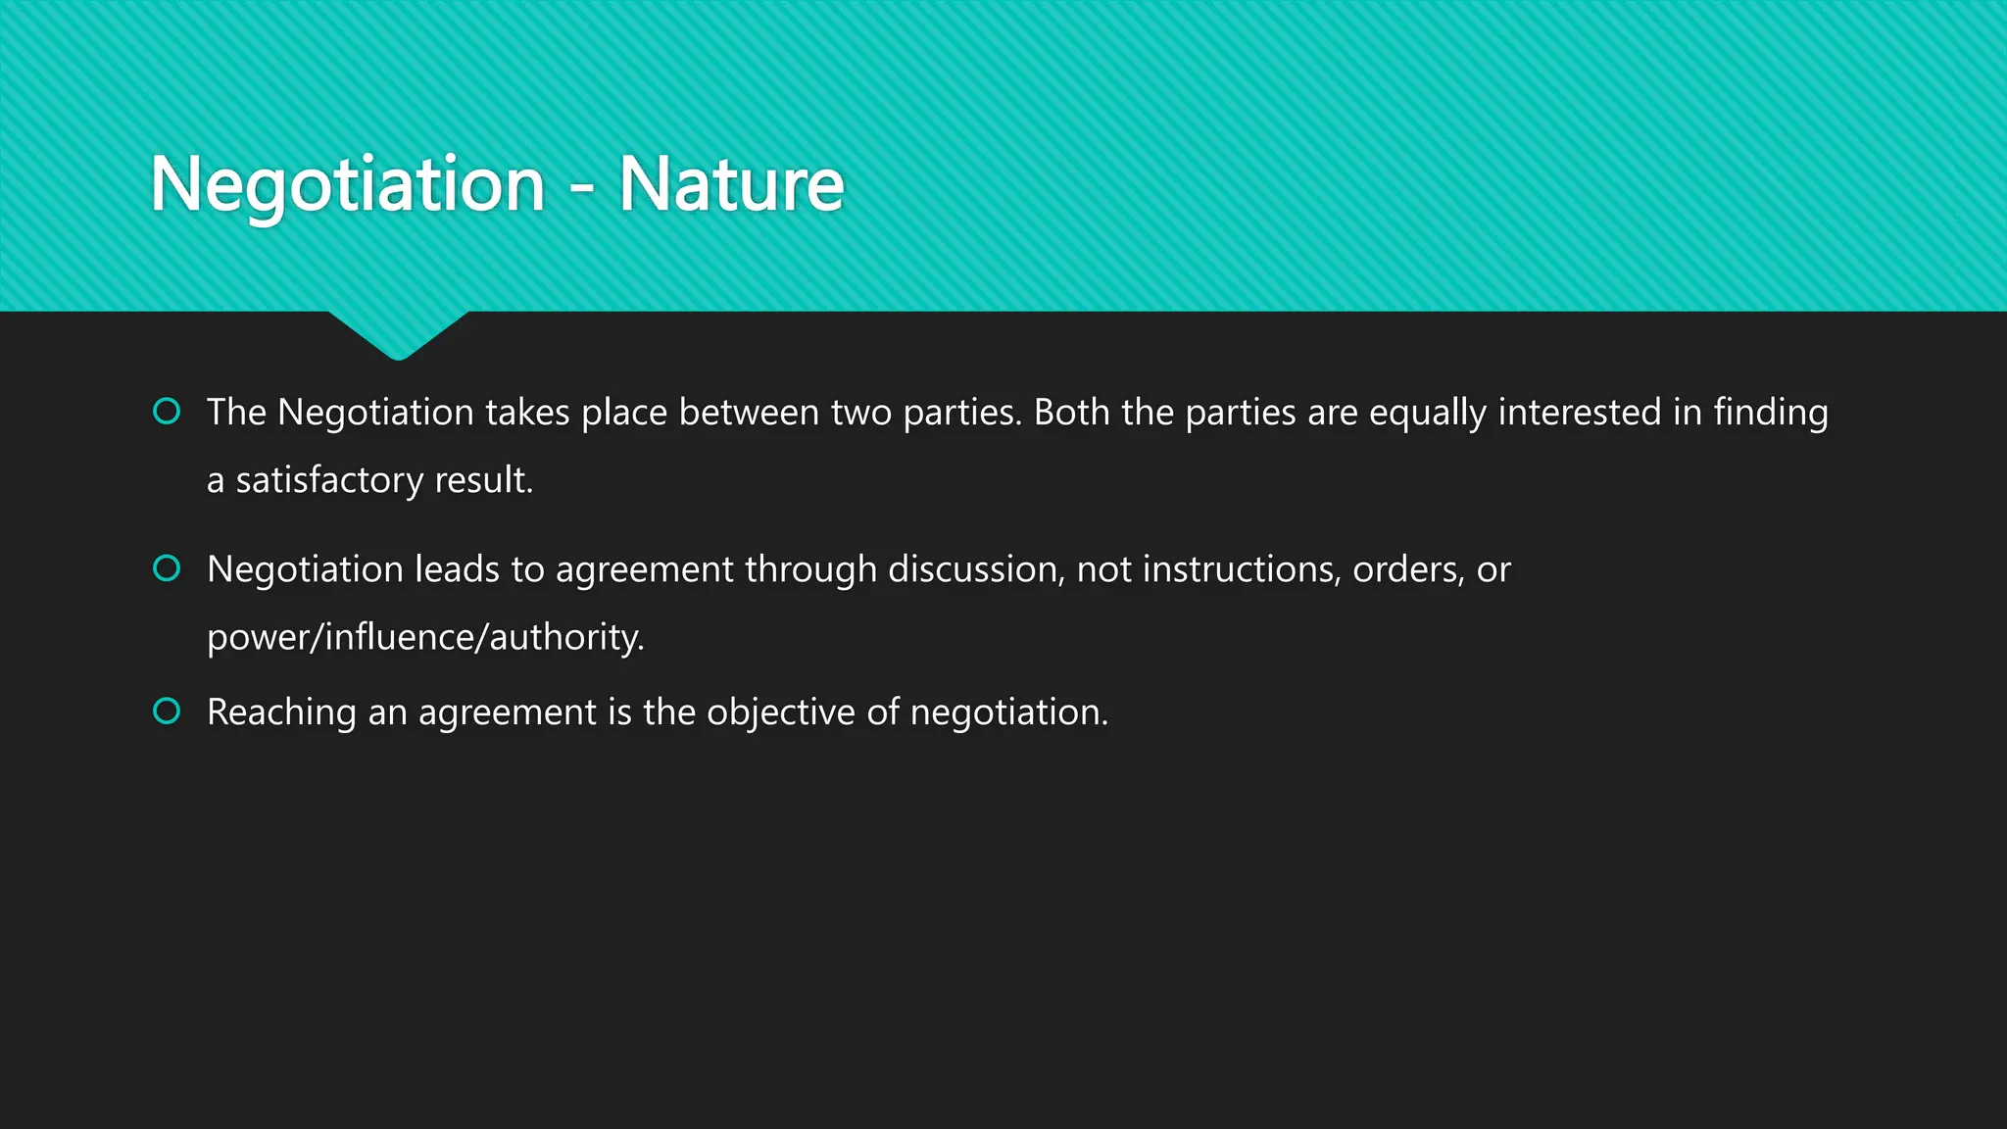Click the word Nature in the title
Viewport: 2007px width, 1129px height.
coord(731,184)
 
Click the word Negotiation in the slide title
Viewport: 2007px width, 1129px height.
coord(348,184)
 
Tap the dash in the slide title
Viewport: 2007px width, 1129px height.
coord(581,186)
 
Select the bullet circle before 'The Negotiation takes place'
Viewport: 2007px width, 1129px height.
coord(167,411)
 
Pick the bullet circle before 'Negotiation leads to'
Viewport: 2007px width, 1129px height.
coord(167,567)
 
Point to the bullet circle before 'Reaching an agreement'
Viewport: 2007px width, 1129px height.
coord(167,711)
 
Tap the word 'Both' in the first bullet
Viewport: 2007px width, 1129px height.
coord(1071,412)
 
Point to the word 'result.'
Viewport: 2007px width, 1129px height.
coord(483,479)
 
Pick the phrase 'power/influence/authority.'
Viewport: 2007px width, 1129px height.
coord(425,637)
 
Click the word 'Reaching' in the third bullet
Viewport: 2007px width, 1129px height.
coord(281,712)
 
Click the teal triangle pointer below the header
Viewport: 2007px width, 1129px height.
coord(398,333)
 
